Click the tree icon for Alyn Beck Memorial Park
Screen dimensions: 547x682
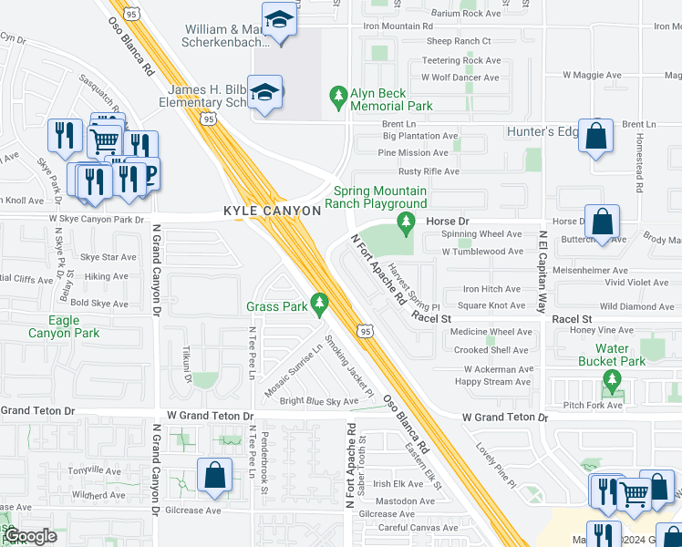pos(338,97)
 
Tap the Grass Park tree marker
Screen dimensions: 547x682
pos(319,302)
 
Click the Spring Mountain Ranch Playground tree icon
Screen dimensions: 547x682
pos(404,222)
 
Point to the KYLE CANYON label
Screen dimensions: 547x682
pos(273,211)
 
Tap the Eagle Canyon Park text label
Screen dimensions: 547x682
pos(64,326)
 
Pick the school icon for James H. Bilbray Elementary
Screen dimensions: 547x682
pos(265,92)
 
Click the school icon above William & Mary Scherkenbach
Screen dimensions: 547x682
pos(278,20)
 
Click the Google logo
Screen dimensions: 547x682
pos(30,535)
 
